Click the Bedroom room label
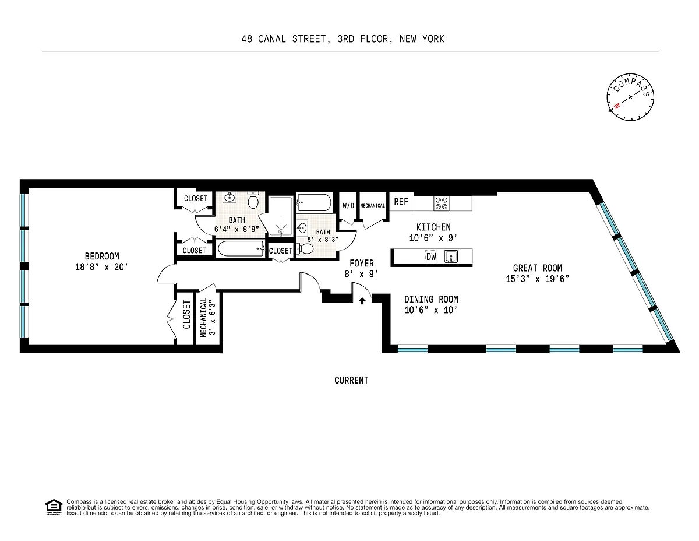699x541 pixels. pyautogui.click(x=102, y=256)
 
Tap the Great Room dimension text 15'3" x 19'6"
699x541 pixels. pyautogui.click(x=537, y=279)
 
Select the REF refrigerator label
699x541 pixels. pyautogui.click(x=401, y=202)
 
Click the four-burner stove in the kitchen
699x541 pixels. pyautogui.click(x=442, y=203)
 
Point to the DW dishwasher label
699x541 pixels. pyautogui.click(x=431, y=257)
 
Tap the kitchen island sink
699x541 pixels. pyautogui.click(x=451, y=257)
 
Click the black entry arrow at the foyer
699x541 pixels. pyautogui.click(x=362, y=301)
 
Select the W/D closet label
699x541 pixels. pyautogui.click(x=348, y=206)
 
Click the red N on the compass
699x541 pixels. pyautogui.click(x=617, y=106)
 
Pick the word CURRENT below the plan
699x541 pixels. pyautogui.click(x=351, y=381)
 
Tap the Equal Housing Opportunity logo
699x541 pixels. pyautogui.click(x=54, y=507)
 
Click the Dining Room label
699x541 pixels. pyautogui.click(x=431, y=299)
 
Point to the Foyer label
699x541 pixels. pyautogui.click(x=362, y=264)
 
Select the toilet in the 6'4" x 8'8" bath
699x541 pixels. pyautogui.click(x=253, y=200)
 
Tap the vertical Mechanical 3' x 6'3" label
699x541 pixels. pyautogui.click(x=207, y=317)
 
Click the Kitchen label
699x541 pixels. pyautogui.click(x=433, y=227)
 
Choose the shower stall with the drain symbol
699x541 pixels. pyautogui.click(x=281, y=216)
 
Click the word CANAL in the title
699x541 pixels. pyautogui.click(x=272, y=39)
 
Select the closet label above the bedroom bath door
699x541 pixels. pyautogui.click(x=196, y=198)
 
